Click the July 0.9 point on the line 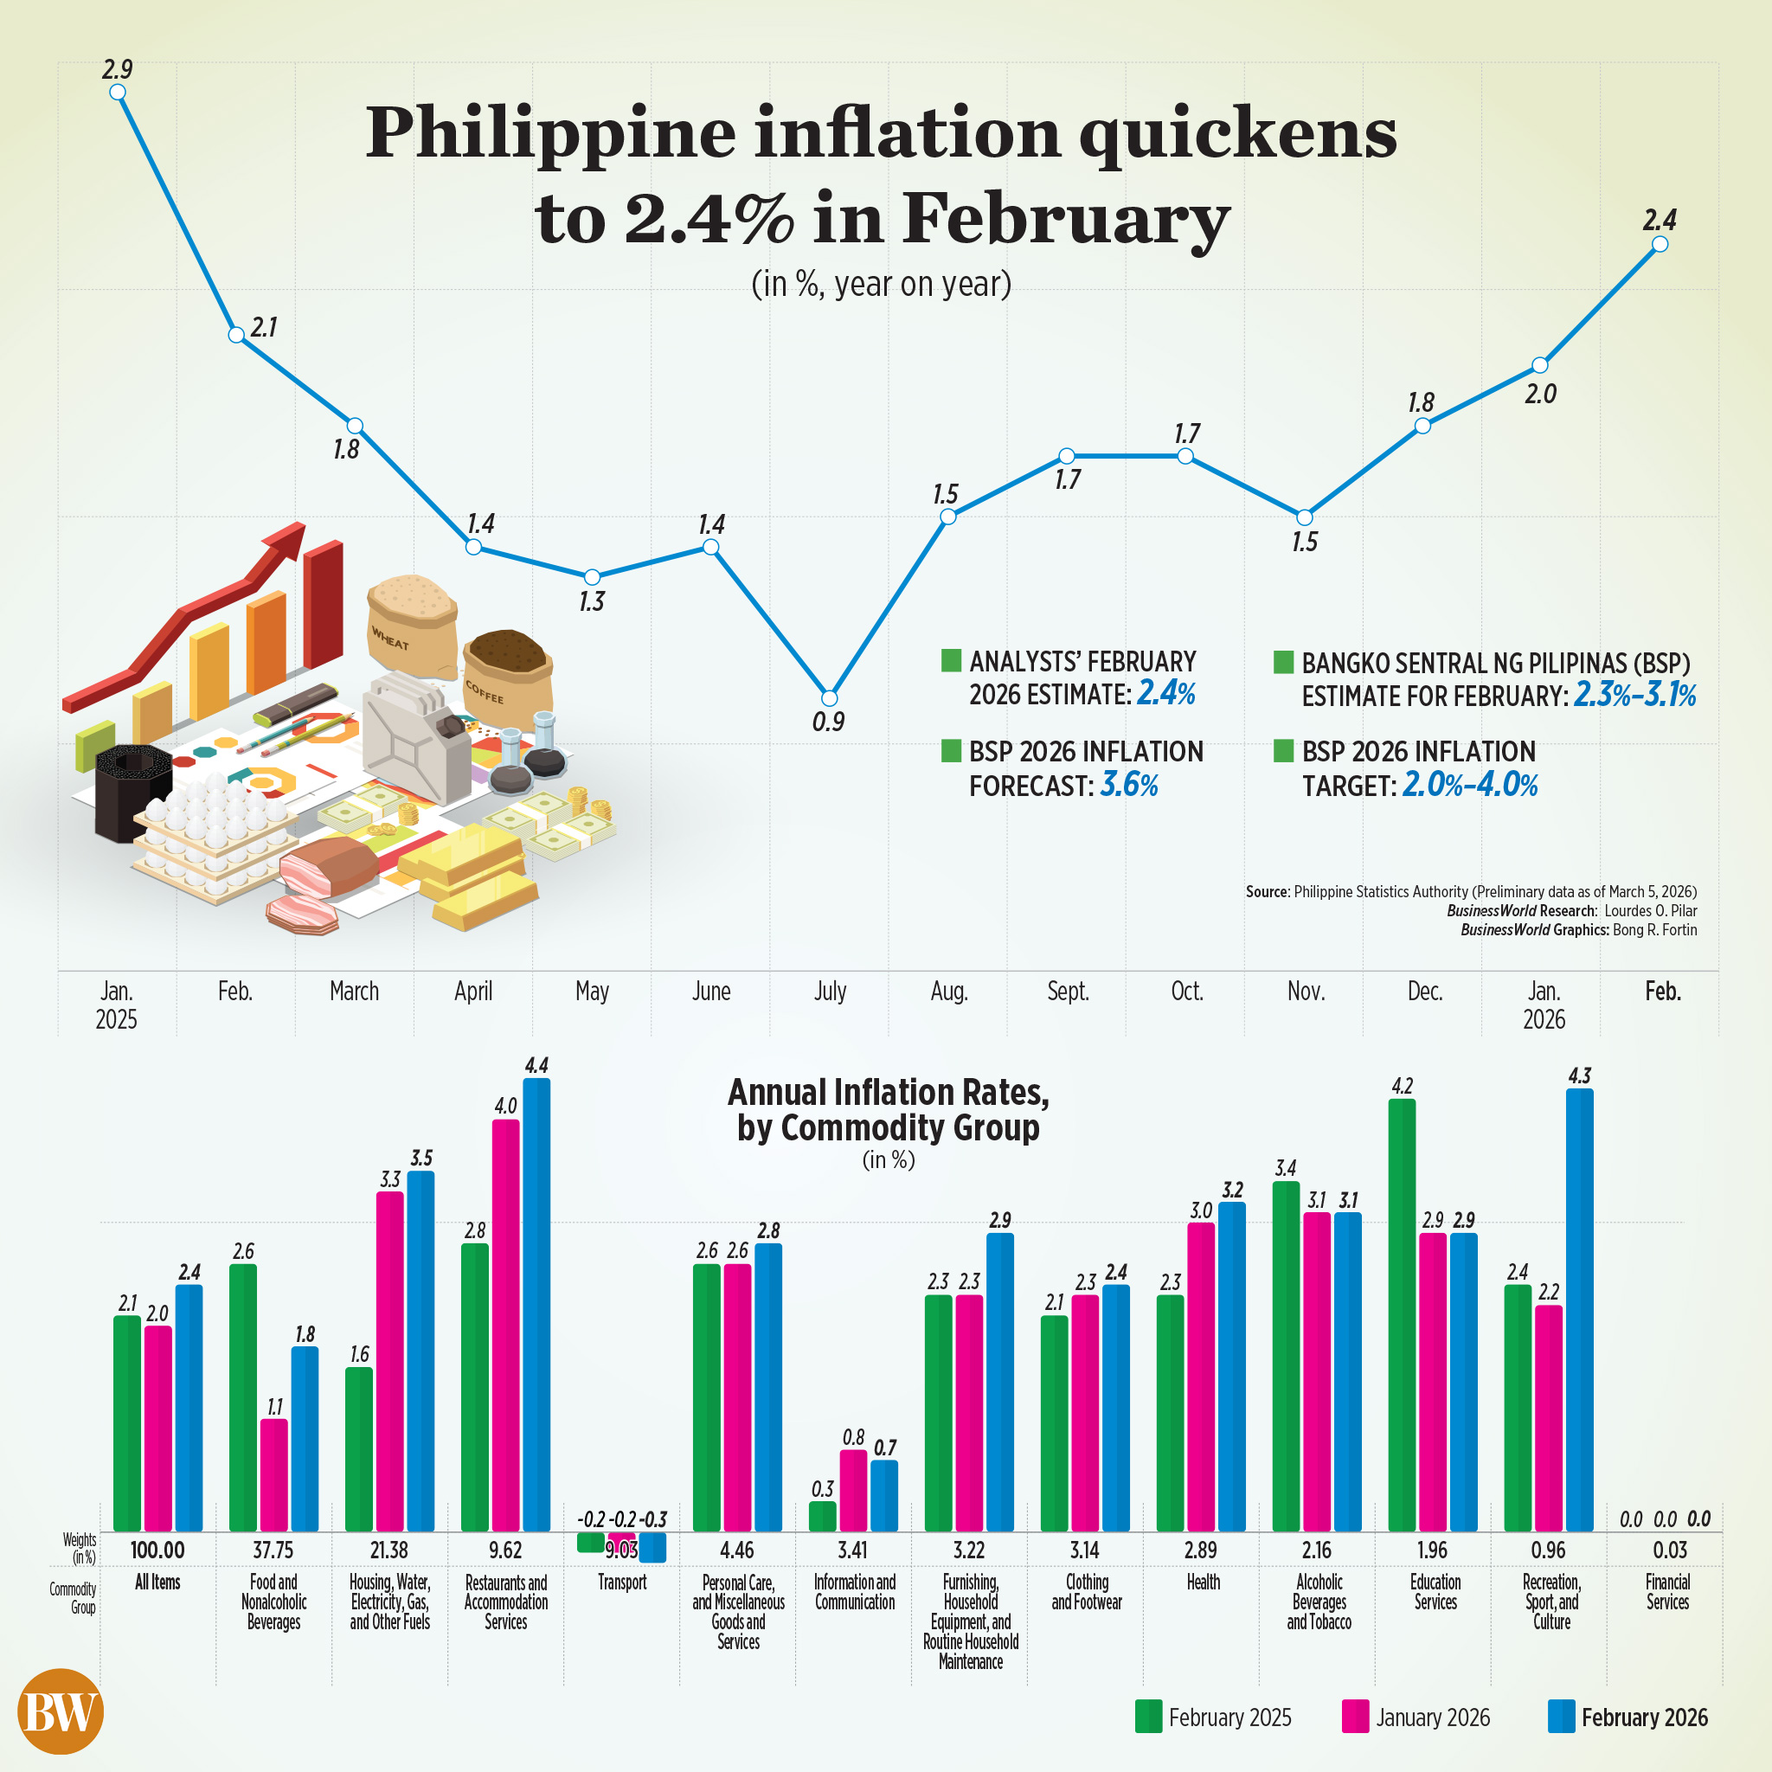click(829, 698)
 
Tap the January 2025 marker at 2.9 click(118, 92)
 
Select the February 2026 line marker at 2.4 click(1660, 244)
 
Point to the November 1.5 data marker click(1304, 517)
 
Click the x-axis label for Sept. click(1068, 992)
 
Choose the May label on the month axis click(592, 992)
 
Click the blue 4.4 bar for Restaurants click(536, 1302)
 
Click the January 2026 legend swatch click(1355, 1717)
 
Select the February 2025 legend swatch click(1148, 1717)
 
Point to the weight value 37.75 click(273, 1550)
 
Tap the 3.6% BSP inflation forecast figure click(1128, 785)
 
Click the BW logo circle click(61, 1711)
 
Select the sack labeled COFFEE click(508, 674)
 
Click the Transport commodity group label click(622, 1583)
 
